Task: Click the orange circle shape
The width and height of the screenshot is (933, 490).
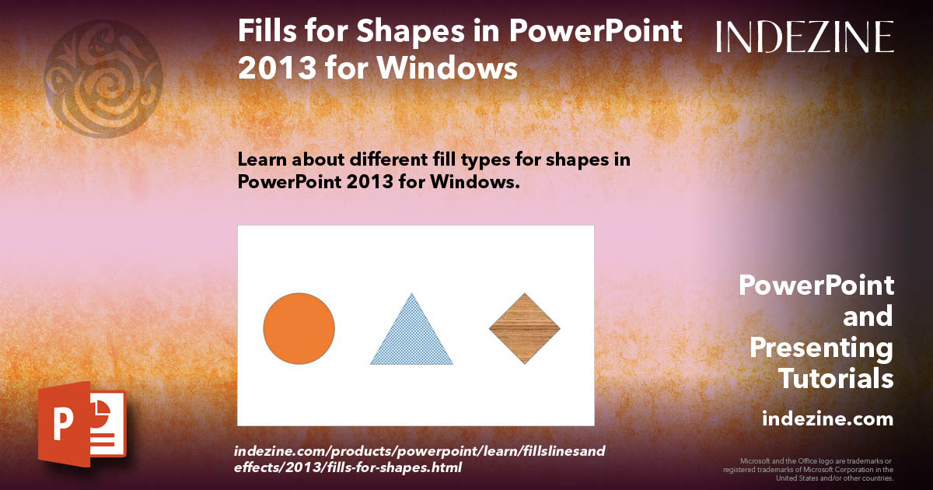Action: (x=299, y=328)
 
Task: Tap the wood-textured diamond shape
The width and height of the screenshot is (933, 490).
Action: (x=525, y=328)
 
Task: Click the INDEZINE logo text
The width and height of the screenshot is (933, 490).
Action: (x=805, y=37)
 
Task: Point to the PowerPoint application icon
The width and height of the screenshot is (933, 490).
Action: (x=82, y=424)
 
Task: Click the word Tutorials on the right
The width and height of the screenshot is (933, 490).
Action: (x=836, y=379)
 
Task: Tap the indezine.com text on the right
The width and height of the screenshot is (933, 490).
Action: (x=827, y=419)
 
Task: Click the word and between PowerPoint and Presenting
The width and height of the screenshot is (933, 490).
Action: (x=868, y=317)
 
